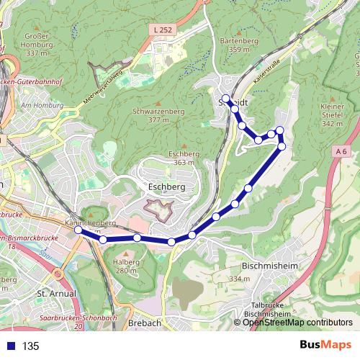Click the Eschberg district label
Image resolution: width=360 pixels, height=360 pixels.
coord(166,186)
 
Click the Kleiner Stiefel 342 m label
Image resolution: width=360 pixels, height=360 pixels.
coord(333,115)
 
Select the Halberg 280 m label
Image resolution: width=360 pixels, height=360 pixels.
coord(126,266)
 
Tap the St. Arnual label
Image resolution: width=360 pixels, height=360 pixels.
coord(52,294)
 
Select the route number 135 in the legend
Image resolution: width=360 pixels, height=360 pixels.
coord(30,346)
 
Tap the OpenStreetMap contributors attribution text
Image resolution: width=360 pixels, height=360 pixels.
coord(297,323)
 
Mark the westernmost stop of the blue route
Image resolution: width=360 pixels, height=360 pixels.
coord(78,230)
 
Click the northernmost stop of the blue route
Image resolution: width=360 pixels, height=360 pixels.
coord(225,99)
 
